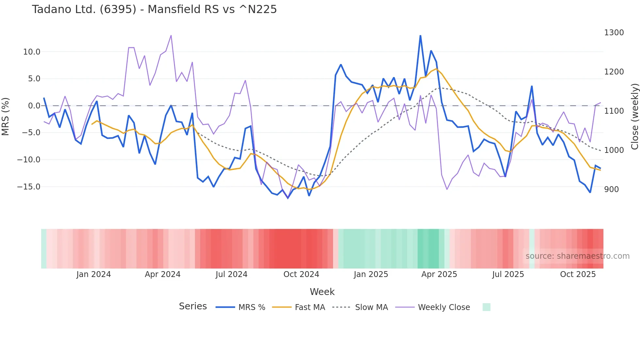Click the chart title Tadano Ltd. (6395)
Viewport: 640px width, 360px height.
coord(154,9)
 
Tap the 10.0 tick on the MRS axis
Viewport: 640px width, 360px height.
coord(32,52)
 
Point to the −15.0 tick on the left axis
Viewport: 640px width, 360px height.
coord(29,187)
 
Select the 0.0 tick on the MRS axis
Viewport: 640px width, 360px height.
coord(34,106)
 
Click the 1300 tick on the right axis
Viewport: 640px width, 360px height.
coord(614,33)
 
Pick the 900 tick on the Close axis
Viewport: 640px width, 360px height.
coord(611,189)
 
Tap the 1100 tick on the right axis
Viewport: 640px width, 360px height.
coord(614,111)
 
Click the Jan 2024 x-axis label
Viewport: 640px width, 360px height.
coord(93,274)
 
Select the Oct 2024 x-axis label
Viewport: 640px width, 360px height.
coord(301,274)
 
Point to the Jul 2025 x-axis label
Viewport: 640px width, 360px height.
coord(508,274)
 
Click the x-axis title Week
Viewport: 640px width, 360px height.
coord(322,292)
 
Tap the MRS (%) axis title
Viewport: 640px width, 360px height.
coord(6,116)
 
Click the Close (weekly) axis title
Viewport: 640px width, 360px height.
coord(634,117)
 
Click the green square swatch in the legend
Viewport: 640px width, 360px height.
coord(486,307)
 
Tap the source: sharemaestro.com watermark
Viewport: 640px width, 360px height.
coord(577,256)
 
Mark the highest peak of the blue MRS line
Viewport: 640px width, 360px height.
coord(420,36)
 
